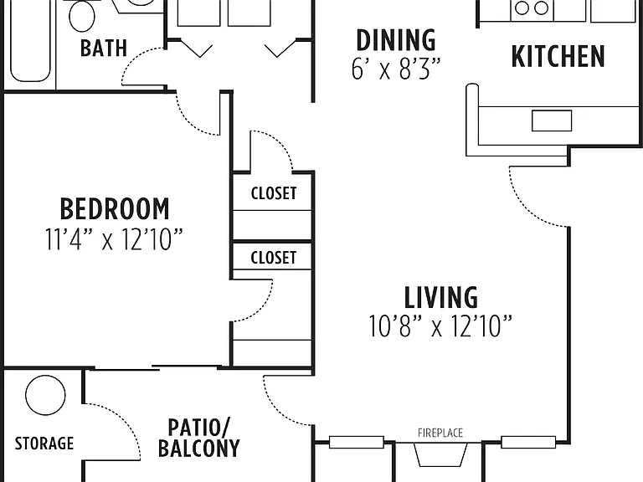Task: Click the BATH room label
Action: (103, 48)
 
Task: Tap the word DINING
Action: (396, 40)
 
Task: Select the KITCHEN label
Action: (558, 56)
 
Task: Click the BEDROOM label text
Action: (115, 209)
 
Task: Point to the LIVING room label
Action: (441, 297)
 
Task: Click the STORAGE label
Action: (44, 443)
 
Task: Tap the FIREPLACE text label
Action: (440, 433)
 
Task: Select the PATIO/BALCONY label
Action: (199, 438)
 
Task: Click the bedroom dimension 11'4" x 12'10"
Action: (114, 239)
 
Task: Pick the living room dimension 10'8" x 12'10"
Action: (440, 326)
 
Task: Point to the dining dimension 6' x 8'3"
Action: (396, 68)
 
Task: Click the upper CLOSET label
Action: (274, 193)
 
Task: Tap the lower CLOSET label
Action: (274, 258)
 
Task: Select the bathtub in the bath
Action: (30, 41)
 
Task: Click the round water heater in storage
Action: (45, 395)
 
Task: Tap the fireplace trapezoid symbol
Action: (440, 454)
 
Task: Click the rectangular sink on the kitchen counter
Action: (552, 120)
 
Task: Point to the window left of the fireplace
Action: (357, 442)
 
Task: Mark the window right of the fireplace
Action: (528, 442)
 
